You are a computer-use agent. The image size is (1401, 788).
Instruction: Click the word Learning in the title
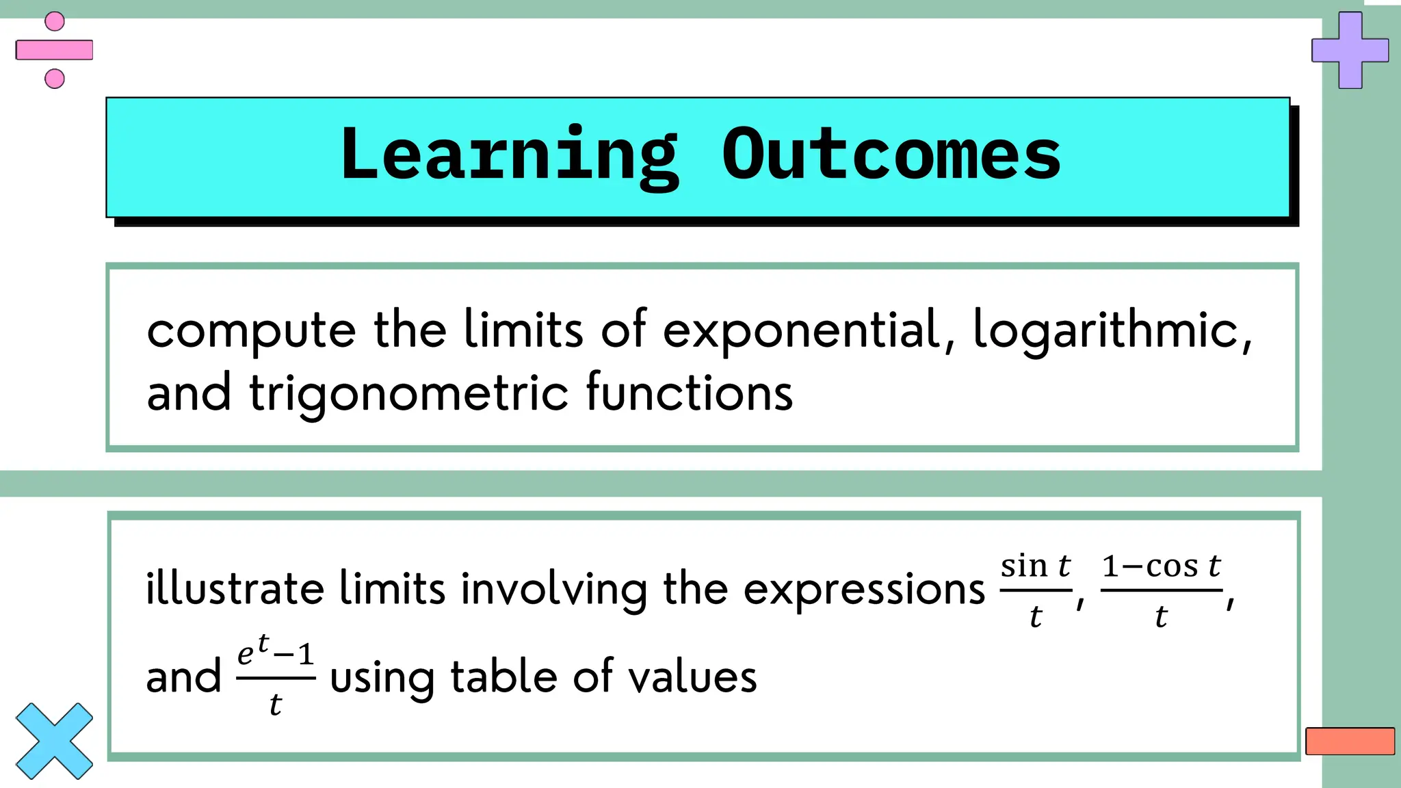pos(510,156)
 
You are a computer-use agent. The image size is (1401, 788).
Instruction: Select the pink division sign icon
pos(55,50)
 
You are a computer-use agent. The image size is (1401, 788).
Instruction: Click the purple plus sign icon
pos(1350,50)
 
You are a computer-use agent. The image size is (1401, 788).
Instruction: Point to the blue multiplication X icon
pos(54,741)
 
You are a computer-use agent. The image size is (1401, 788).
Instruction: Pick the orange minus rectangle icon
pos(1350,741)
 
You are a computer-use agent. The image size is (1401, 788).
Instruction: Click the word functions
pos(689,393)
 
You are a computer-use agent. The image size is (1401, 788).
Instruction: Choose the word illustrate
pos(235,588)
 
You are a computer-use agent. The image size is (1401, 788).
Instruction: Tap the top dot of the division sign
pos(55,21)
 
